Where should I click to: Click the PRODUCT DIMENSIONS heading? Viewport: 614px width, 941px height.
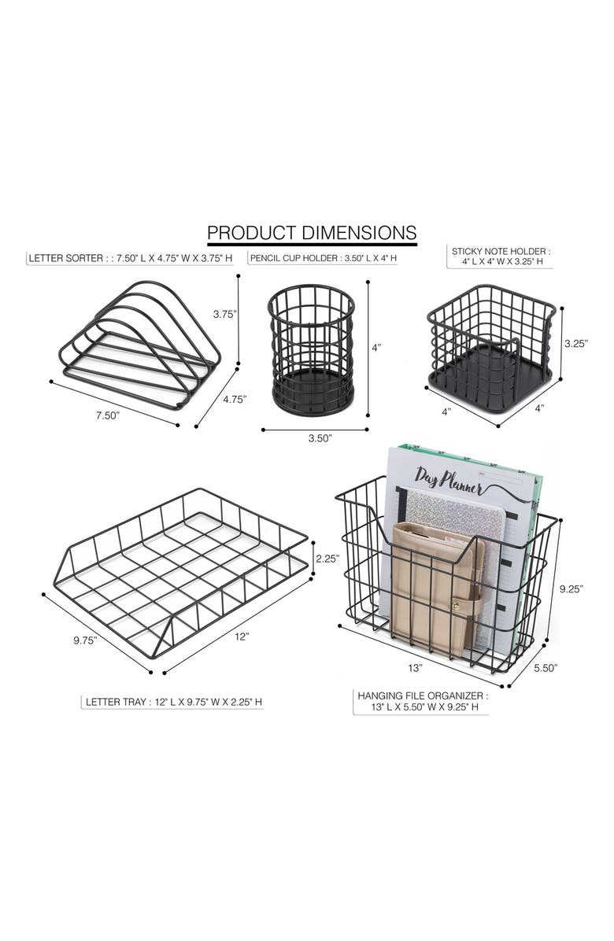(312, 232)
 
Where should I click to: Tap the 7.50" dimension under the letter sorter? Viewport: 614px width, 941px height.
(108, 415)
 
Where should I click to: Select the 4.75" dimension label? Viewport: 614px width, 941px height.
(235, 400)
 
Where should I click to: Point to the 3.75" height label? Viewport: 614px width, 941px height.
(225, 313)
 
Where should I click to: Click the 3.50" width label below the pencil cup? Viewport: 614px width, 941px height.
(320, 438)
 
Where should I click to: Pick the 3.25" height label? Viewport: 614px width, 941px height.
(575, 343)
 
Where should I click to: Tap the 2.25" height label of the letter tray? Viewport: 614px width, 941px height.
(327, 558)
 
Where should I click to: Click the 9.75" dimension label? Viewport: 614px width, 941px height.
(85, 640)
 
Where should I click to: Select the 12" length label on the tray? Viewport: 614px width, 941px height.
(242, 637)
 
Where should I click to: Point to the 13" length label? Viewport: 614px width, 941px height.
(416, 667)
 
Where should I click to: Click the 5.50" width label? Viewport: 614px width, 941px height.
(546, 668)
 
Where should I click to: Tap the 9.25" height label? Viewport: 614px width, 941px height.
(571, 589)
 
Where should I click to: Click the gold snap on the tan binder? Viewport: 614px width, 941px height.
(455, 607)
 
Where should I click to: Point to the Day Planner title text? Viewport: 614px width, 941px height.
(449, 480)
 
